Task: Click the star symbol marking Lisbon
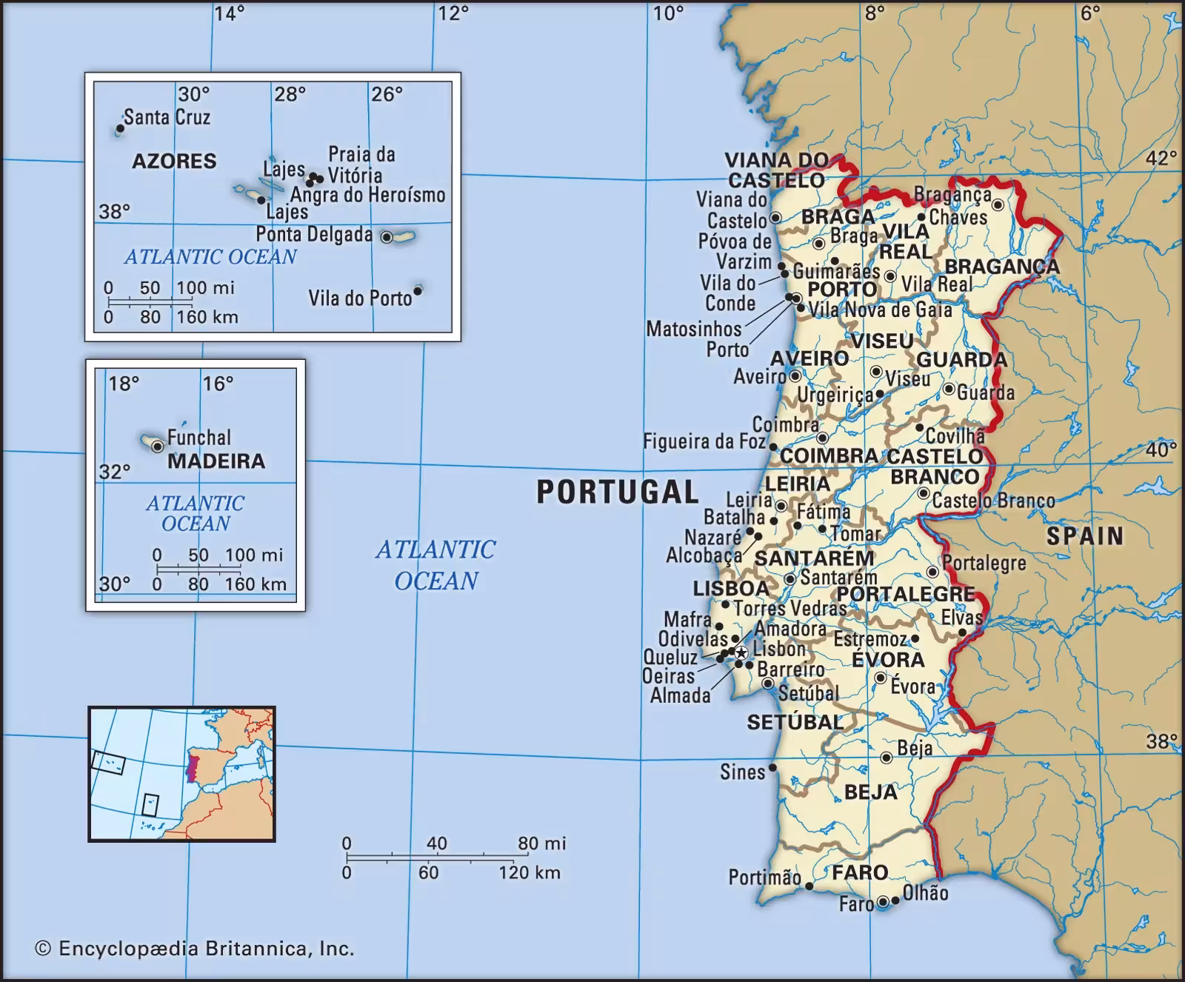(740, 652)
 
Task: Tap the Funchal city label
(198, 437)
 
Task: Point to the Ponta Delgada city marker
(387, 237)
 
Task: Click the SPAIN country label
(1084, 535)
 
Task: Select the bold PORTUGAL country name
(617, 492)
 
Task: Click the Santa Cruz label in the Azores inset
(167, 117)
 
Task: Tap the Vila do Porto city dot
(418, 291)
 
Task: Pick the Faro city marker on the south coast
(883, 902)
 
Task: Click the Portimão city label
(764, 878)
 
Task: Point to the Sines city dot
(772, 768)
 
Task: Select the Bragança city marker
(997, 204)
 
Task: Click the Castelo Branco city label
(993, 501)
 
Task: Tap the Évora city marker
(880, 678)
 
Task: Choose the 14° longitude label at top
(230, 13)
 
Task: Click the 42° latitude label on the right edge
(1161, 158)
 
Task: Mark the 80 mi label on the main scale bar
(541, 843)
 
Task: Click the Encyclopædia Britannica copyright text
(195, 949)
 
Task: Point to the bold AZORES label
(174, 161)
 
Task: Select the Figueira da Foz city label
(704, 441)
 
